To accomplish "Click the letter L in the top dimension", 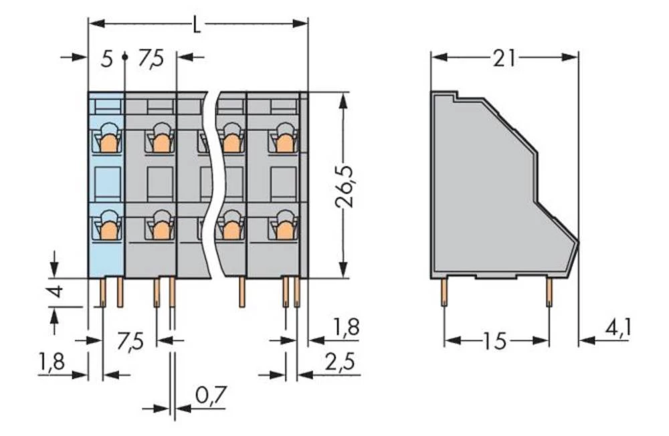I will coord(196,25).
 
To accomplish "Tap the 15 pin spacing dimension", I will coord(496,341).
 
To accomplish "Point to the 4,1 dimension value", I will coord(617,329).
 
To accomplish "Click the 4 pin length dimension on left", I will coord(57,292).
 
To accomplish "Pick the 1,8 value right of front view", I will coord(345,328).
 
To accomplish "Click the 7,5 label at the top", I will coord(151,59).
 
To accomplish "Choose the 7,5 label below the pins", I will coord(130,342).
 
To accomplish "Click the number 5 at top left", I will coord(106,59).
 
